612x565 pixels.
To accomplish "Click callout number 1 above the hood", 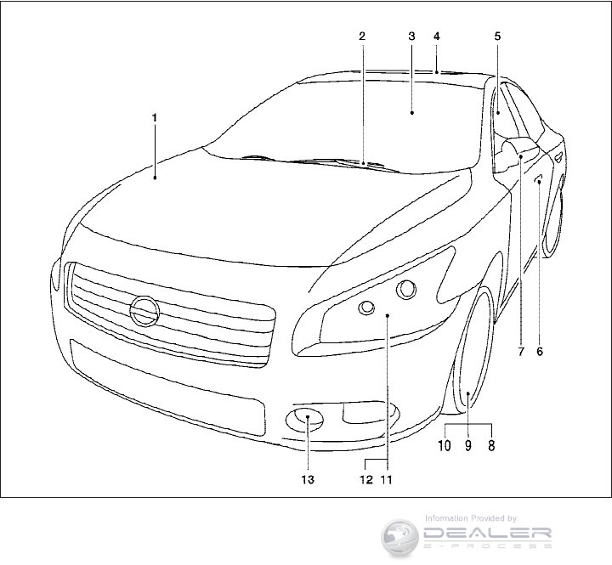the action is click(x=155, y=118).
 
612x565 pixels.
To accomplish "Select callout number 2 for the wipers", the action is click(x=361, y=37).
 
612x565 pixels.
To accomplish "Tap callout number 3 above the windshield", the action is click(x=411, y=37).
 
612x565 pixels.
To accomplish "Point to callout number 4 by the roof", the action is click(x=436, y=37).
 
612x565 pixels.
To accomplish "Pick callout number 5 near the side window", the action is click(x=497, y=37).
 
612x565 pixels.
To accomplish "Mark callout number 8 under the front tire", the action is click(x=491, y=443).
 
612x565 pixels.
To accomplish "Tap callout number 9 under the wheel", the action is click(x=467, y=443).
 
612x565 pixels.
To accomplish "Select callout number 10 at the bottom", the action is click(x=445, y=443).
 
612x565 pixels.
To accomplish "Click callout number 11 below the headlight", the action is click(x=387, y=479).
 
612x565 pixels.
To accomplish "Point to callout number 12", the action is click(x=365, y=479).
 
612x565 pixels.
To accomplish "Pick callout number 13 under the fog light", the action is click(x=308, y=479).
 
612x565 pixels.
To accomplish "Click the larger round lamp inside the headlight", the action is click(x=405, y=290).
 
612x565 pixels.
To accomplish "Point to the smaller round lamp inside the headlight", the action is click(x=367, y=308).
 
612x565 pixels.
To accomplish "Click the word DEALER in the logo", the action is click(x=488, y=534).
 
